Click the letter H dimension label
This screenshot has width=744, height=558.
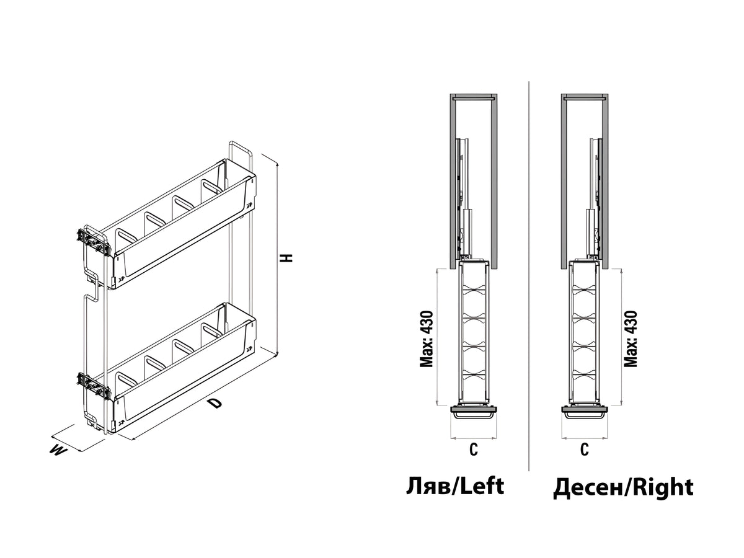click(x=287, y=257)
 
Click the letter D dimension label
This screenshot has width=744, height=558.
click(x=215, y=403)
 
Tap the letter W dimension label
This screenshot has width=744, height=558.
click(x=58, y=451)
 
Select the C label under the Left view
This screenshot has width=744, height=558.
click(x=474, y=449)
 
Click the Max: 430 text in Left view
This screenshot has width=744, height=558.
click(x=427, y=339)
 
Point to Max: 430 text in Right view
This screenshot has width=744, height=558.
click(x=631, y=339)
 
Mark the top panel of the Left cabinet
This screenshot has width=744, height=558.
click(x=474, y=98)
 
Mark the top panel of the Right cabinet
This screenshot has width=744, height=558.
click(x=585, y=98)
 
